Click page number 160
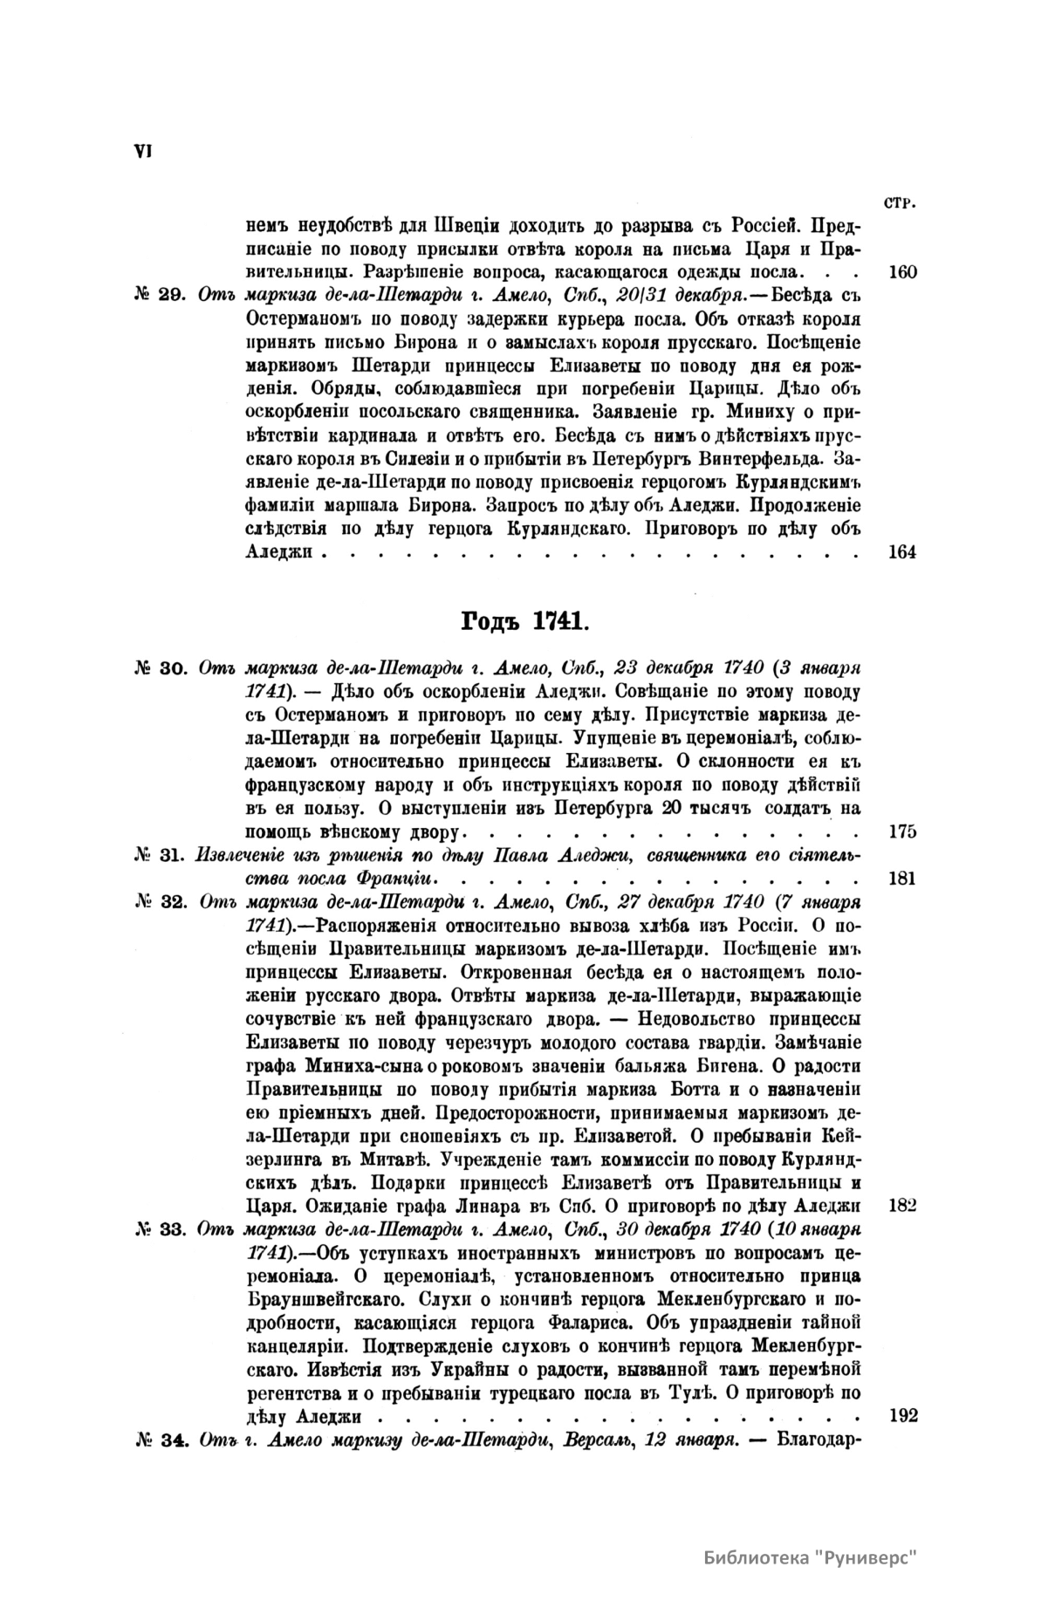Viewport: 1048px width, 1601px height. (901, 271)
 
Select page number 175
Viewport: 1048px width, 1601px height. (901, 831)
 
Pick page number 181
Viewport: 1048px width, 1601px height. (901, 878)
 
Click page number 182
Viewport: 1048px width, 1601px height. (901, 1205)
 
